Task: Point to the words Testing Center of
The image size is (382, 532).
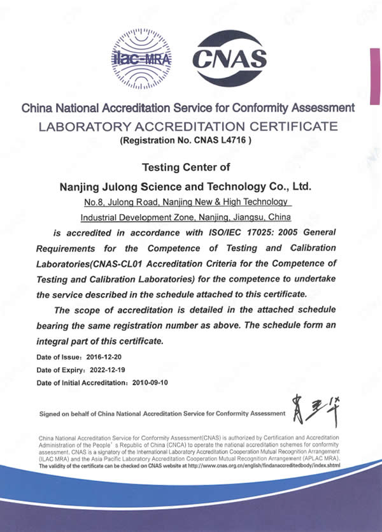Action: [188, 168]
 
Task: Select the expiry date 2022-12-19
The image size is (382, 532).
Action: [111, 370]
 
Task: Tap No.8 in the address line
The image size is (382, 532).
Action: [94, 203]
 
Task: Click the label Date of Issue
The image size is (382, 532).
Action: [59, 357]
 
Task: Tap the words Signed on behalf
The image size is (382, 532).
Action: [65, 414]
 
